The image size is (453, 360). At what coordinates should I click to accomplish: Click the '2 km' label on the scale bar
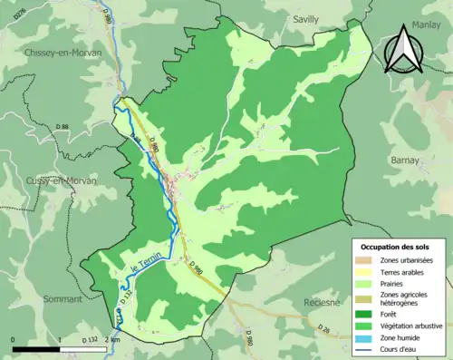click(x=111, y=339)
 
